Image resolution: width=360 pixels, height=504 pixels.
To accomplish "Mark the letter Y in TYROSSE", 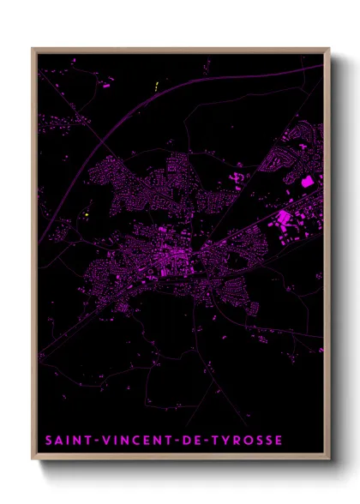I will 225,441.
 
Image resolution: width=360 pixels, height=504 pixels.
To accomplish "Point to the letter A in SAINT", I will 57,441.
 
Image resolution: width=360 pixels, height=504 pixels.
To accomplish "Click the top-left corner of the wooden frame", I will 33,49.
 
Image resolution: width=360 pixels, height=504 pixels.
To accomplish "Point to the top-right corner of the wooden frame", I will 330,49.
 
